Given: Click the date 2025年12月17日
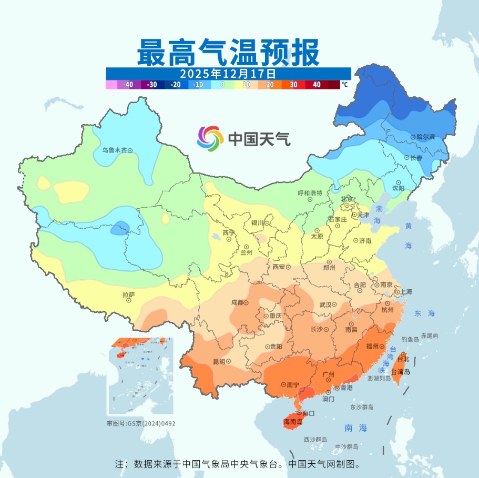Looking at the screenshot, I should [x=228, y=73].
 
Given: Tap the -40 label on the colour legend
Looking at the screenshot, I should [x=128, y=84].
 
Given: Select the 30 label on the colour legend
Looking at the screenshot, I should [x=293, y=84].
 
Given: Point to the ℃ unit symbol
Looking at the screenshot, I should [x=344, y=84].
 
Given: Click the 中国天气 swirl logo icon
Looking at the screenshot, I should [x=210, y=139].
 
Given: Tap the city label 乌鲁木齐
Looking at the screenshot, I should [x=115, y=150].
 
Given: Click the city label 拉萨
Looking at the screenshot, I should [x=128, y=294].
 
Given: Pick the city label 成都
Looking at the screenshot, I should [x=238, y=302].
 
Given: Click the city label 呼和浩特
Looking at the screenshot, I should [x=310, y=193].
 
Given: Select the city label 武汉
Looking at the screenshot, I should [x=326, y=305].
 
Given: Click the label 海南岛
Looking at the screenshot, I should [x=293, y=422].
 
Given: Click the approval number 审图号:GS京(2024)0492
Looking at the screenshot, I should [x=141, y=423].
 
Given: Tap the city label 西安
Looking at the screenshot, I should [x=279, y=267].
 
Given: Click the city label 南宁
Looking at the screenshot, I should [x=293, y=385].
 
